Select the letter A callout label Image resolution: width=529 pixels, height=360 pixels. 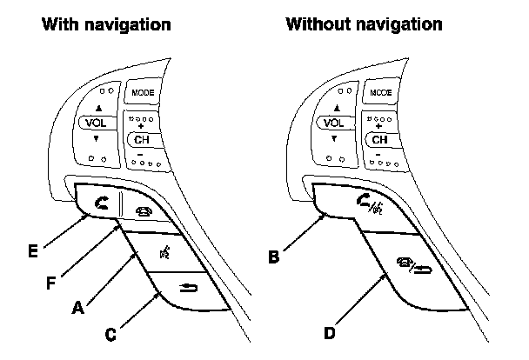pyautogui.click(x=78, y=307)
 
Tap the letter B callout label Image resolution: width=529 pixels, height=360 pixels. pyautogui.click(x=274, y=257)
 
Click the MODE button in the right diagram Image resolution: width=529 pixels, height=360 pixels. pyautogui.click(x=380, y=91)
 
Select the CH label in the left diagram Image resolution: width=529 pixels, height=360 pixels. pyautogui.click(x=141, y=139)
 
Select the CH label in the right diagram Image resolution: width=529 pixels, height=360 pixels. pyautogui.click(x=380, y=139)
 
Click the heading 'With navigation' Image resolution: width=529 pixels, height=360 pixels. pyautogui.click(x=106, y=24)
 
